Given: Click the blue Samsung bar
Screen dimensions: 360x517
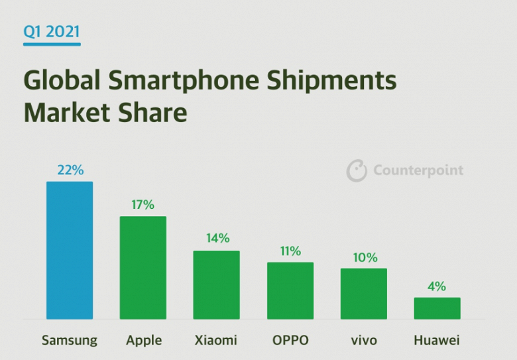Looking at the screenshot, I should point(70,250).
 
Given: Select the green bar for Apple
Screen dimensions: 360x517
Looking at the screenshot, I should point(143,268).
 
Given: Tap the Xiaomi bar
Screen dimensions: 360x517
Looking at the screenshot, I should point(217,285).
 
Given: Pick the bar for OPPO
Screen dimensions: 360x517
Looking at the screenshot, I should point(290,291).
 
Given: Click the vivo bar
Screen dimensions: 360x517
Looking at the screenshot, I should point(364,294).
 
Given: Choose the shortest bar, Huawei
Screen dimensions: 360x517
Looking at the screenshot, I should point(437,308).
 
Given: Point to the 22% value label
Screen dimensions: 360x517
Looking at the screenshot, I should point(70,170).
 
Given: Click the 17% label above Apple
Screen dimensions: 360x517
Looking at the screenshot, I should point(143,204).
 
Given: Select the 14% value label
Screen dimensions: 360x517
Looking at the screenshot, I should point(217,238).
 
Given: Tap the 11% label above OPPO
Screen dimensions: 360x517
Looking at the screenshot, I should point(290,251).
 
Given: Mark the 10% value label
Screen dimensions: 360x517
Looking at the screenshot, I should point(365,257).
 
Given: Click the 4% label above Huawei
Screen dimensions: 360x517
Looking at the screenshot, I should point(437,286).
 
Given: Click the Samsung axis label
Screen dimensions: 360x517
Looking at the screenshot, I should point(70,341).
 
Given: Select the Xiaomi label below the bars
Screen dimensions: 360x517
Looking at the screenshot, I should point(216,341).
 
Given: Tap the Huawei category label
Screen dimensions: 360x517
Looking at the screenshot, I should point(437,341).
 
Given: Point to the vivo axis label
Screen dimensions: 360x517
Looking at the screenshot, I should point(364,341).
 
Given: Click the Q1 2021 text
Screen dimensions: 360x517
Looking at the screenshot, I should point(52,30).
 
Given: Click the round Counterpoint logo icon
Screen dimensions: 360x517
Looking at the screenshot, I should point(357,170).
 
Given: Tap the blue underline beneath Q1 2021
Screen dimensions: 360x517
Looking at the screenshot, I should point(52,44).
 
